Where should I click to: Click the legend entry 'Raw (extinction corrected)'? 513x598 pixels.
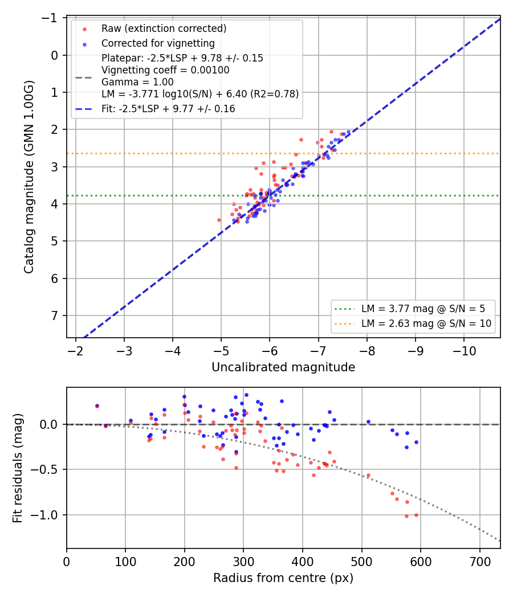(x=164, y=28)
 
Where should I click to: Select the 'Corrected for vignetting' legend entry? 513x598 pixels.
(x=158, y=43)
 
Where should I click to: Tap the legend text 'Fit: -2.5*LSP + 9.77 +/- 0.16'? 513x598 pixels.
(x=168, y=109)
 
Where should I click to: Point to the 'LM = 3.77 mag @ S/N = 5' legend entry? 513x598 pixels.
(x=424, y=309)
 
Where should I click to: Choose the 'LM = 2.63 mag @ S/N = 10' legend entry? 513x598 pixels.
(x=426, y=324)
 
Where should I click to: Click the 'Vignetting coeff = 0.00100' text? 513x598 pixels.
(x=165, y=70)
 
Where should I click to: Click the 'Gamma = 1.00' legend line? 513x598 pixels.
(x=137, y=82)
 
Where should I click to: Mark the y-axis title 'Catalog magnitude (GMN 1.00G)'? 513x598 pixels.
(x=29, y=177)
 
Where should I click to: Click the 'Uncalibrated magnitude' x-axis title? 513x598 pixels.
(x=283, y=367)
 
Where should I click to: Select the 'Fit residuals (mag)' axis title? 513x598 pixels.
(x=18, y=468)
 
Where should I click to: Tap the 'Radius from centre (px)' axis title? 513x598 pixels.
(x=283, y=578)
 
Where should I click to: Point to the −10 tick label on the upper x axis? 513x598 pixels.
(x=464, y=351)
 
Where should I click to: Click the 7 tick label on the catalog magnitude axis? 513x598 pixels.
(x=55, y=316)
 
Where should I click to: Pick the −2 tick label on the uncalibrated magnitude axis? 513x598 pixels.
(x=76, y=351)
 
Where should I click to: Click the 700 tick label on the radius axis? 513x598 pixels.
(x=480, y=562)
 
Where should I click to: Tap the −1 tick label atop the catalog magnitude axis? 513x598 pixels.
(x=50, y=18)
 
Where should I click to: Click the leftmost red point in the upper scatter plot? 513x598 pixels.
(x=219, y=220)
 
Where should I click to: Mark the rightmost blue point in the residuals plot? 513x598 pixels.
(x=417, y=443)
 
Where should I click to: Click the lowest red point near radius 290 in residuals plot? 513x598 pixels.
(x=237, y=468)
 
